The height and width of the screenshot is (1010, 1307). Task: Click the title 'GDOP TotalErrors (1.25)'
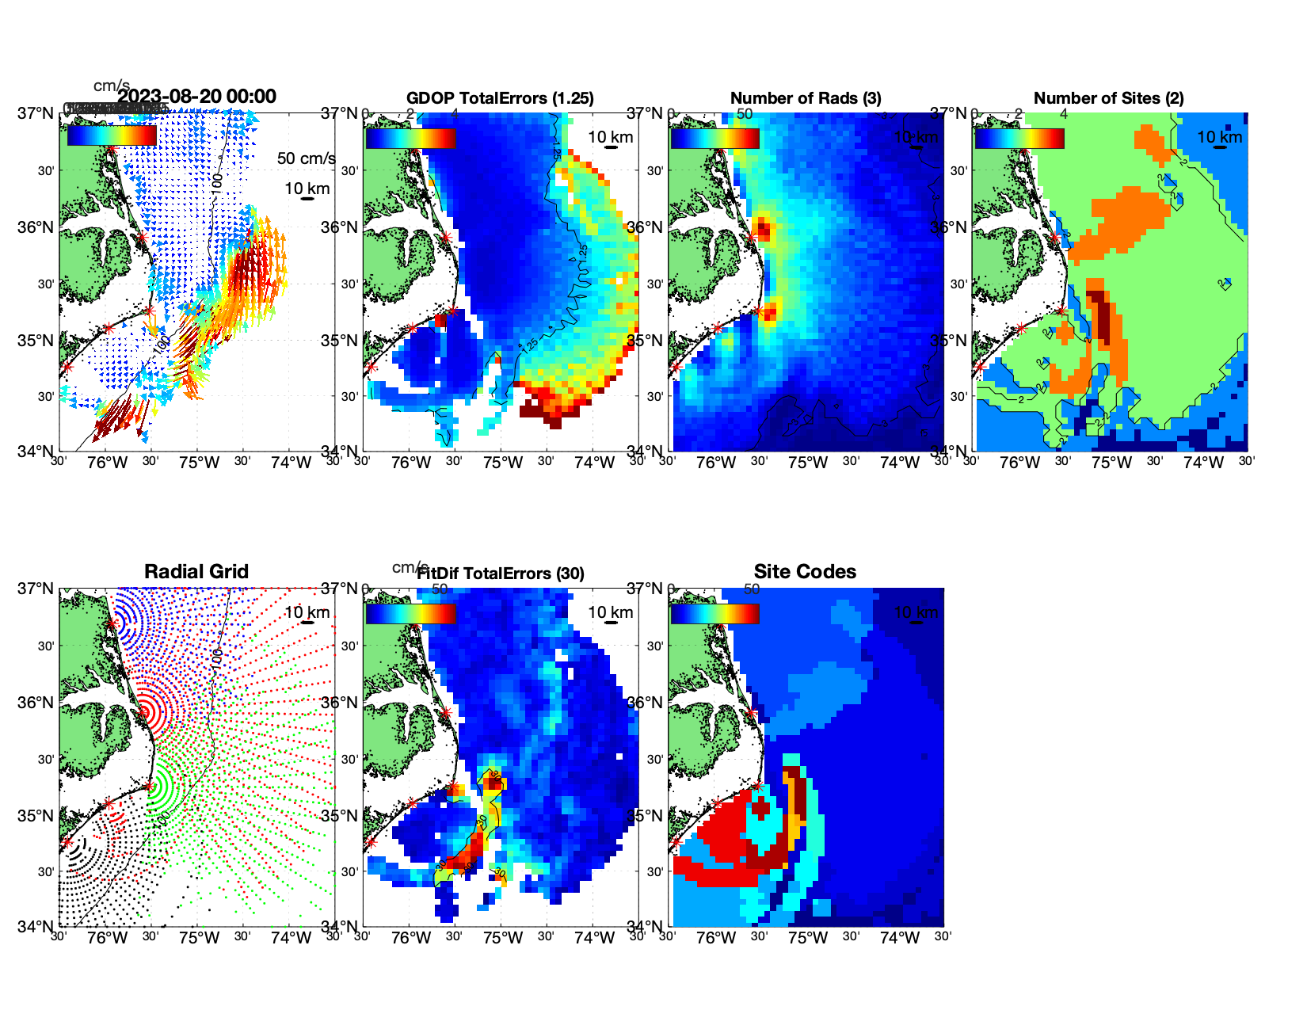point(500,98)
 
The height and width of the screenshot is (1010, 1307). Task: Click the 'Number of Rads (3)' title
point(806,98)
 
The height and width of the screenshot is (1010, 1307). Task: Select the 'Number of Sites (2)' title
point(1108,98)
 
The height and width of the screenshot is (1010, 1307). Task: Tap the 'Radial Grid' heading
point(196,572)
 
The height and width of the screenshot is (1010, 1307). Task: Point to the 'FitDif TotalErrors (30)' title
point(501,574)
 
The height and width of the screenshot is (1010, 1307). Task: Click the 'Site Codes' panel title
point(805,572)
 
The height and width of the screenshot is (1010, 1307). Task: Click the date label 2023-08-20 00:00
point(197,97)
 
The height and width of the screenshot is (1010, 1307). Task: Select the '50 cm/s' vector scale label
point(306,158)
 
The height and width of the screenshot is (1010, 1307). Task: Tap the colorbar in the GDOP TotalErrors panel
point(410,138)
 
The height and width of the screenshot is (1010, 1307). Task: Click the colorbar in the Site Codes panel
point(714,613)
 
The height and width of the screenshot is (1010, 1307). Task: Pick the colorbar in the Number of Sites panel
point(1019,138)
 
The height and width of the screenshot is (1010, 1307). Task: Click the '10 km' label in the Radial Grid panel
point(307,612)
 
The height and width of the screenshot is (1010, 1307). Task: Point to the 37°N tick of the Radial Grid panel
point(36,589)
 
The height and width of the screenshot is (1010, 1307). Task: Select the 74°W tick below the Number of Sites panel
point(1203,463)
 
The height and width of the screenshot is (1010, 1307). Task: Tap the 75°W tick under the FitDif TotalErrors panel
point(503,939)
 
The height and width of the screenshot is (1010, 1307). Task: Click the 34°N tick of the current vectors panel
point(36,452)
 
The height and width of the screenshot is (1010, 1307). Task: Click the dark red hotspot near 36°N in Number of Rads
point(763,230)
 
